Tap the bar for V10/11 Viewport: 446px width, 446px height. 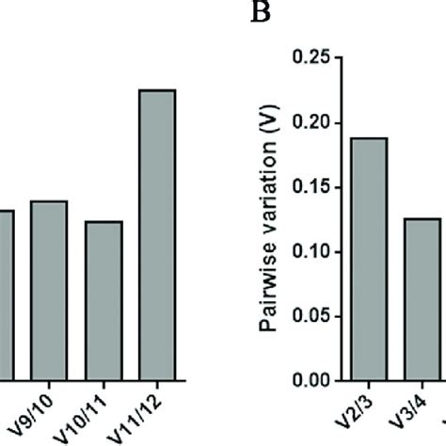click(x=103, y=300)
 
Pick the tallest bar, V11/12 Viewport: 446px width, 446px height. click(x=156, y=234)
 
